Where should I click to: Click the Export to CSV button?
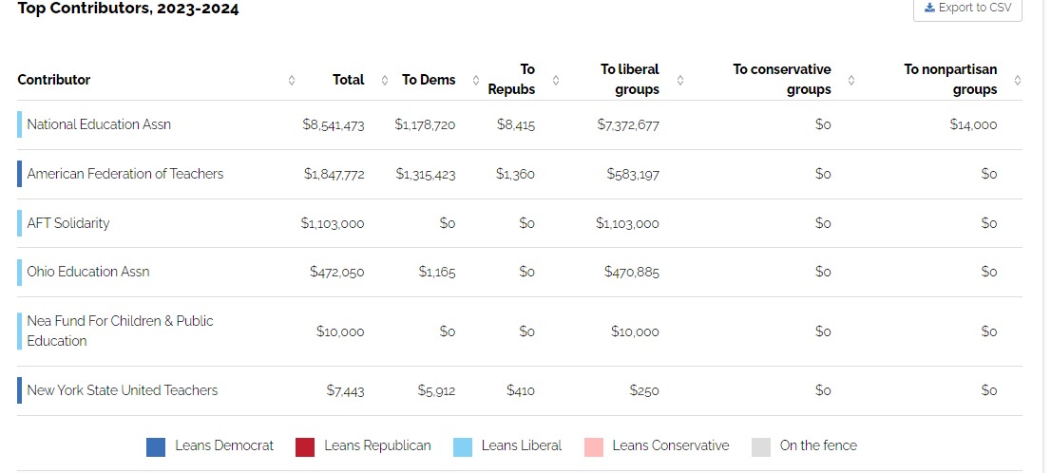967,9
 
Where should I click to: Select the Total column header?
349,80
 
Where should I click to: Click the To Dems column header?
429,80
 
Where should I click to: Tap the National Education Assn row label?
99,124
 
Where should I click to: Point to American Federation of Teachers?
125,174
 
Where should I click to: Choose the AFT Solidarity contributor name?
67,223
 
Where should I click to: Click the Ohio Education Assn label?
87,272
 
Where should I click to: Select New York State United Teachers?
122,390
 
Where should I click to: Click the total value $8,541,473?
334,124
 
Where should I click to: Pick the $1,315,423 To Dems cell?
425,174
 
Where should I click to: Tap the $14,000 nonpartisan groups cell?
973,124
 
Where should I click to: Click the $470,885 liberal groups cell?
631,272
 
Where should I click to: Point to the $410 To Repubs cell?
520,390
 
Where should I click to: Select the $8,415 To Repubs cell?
515,124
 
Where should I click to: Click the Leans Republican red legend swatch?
305,446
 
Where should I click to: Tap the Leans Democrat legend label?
224,445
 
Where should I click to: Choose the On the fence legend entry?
804,446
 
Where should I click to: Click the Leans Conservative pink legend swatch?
594,446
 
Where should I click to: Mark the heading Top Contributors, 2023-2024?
128,9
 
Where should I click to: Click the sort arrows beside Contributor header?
292,81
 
